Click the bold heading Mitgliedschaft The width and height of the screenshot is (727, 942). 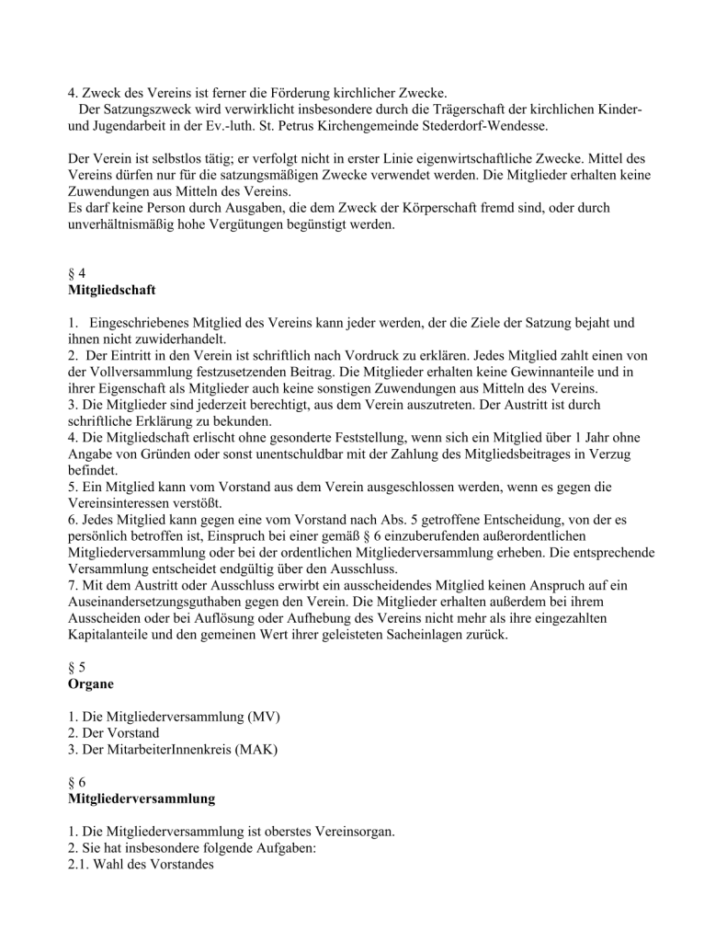click(x=111, y=290)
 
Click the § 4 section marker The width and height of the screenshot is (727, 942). click(x=77, y=273)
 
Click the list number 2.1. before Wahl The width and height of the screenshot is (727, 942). click(x=81, y=865)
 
